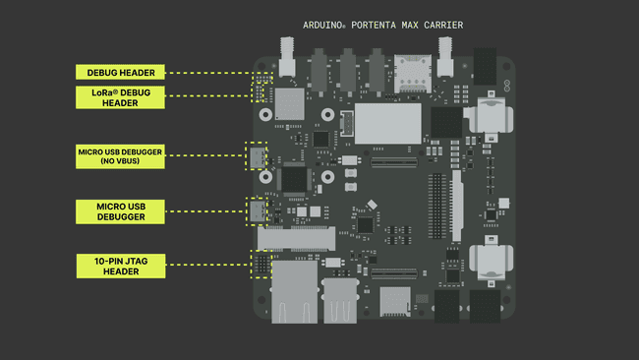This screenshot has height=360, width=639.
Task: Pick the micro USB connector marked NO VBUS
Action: pyautogui.click(x=259, y=156)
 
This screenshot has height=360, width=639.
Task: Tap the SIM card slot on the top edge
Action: pyautogui.click(x=409, y=71)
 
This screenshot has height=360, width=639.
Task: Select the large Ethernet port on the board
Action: pyautogui.click(x=292, y=292)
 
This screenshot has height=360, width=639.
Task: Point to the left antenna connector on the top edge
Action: pyautogui.click(x=289, y=59)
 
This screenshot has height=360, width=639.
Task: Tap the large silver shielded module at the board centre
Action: pyautogui.click(x=386, y=123)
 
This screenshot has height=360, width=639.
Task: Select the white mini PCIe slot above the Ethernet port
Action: pyautogui.click(x=295, y=238)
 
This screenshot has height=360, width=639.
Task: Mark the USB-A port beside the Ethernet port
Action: pyautogui.click(x=339, y=300)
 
